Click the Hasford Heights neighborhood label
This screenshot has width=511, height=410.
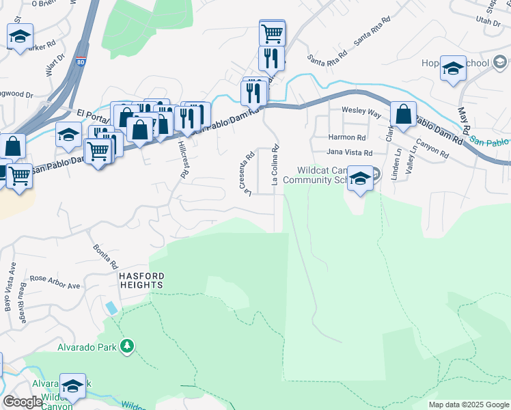[141, 280]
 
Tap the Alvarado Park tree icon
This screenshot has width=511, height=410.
[126, 347]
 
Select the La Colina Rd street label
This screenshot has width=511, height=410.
[275, 165]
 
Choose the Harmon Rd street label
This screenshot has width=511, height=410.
[347, 137]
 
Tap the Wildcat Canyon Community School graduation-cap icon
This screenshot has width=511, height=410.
[361, 179]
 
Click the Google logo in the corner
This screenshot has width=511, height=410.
[22, 402]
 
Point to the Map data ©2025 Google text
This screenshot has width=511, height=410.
[469, 405]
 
